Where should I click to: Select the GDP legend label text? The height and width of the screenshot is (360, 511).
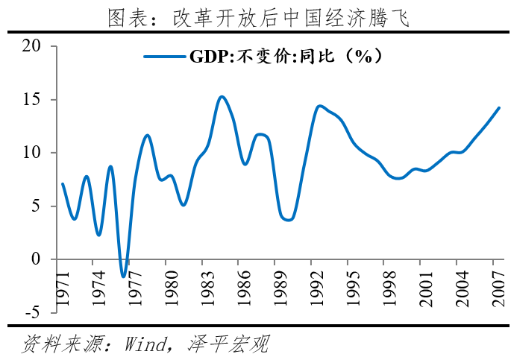coord(285,57)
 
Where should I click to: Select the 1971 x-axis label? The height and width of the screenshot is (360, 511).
coord(63,287)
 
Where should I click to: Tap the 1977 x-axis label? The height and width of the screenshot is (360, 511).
coord(134,287)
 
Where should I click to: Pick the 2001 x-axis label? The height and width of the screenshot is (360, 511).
coord(421,287)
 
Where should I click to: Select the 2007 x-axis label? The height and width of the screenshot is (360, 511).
coord(492,287)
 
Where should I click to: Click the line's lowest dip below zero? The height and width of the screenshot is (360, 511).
coord(124,277)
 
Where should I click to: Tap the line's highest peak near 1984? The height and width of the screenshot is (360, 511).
coord(222,96)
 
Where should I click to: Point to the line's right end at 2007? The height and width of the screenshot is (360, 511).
coord(499,107)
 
